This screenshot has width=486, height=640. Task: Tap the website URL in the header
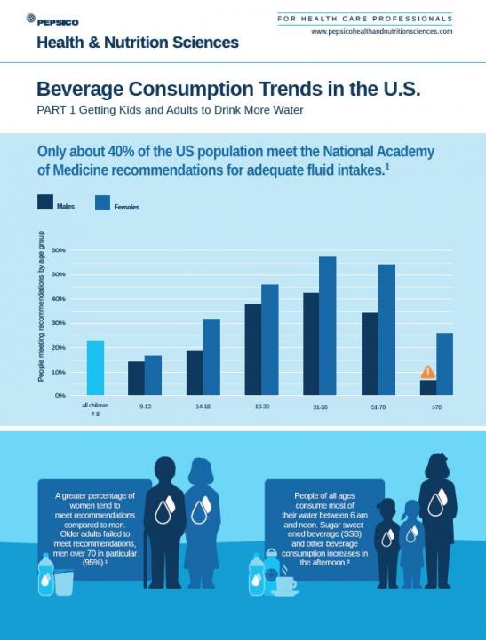pyautogui.click(x=381, y=31)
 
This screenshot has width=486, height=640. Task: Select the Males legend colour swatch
pyautogui.click(x=45, y=202)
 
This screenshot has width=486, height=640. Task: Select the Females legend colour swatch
pyautogui.click(x=103, y=203)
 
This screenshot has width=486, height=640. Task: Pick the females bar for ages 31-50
pyautogui.click(x=327, y=325)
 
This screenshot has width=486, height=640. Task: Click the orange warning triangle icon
pyautogui.click(x=428, y=372)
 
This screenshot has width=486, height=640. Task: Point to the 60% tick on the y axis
pyautogui.click(x=59, y=250)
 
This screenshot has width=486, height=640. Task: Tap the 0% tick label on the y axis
pyautogui.click(x=60, y=395)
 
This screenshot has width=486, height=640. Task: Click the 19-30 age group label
pyautogui.click(x=262, y=406)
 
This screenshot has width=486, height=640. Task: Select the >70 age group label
pyautogui.click(x=436, y=406)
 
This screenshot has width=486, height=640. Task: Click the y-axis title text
pyautogui.click(x=41, y=311)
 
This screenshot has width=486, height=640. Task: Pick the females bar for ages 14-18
pyautogui.click(x=211, y=357)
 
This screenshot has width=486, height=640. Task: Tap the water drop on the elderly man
pyautogui.click(x=165, y=512)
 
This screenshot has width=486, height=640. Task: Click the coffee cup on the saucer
pyautogui.click(x=285, y=584)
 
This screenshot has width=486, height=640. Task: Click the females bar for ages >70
pyautogui.click(x=444, y=364)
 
